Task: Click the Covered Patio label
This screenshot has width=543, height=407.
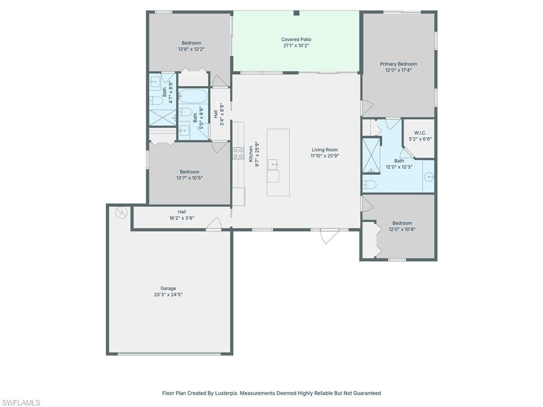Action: (296, 39)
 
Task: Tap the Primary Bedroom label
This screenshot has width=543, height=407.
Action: (398, 64)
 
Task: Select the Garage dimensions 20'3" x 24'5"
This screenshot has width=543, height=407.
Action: (168, 295)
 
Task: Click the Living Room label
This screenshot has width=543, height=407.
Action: (325, 150)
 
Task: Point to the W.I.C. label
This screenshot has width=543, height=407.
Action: (420, 133)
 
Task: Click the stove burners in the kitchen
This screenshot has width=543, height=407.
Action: (238, 153)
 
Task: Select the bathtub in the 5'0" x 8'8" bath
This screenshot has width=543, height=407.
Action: (194, 96)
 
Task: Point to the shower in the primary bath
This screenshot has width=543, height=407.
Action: (371, 155)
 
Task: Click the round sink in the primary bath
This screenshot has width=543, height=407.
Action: (430, 177)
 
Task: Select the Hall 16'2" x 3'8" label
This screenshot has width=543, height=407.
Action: (182, 215)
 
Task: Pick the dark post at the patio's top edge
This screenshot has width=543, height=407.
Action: (296, 13)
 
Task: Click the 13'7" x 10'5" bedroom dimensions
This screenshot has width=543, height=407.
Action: (189, 178)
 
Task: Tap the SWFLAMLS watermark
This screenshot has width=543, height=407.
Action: (20, 403)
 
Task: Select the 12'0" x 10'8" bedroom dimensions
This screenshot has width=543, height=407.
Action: (402, 229)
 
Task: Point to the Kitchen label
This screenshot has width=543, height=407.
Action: (251, 154)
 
